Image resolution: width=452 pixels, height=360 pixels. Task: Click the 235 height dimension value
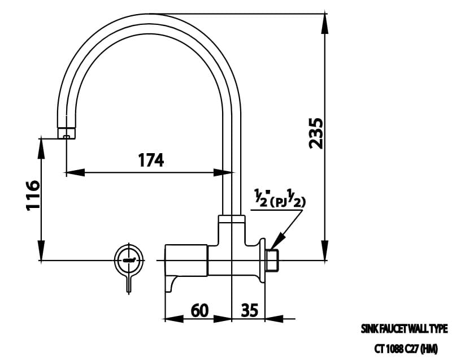point(316,133)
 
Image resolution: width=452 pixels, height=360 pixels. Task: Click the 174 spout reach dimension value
point(151,160)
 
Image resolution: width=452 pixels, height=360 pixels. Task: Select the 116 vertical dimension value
point(33,195)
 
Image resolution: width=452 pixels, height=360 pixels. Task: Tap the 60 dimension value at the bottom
point(199,310)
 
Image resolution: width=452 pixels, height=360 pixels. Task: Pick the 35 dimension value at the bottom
point(250,310)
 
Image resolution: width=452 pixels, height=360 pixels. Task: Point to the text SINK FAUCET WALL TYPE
point(404,328)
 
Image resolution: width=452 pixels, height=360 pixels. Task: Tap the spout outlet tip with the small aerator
point(66,133)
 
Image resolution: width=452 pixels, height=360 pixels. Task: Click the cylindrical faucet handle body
point(186,260)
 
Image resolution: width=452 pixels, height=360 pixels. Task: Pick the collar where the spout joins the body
point(232,219)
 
